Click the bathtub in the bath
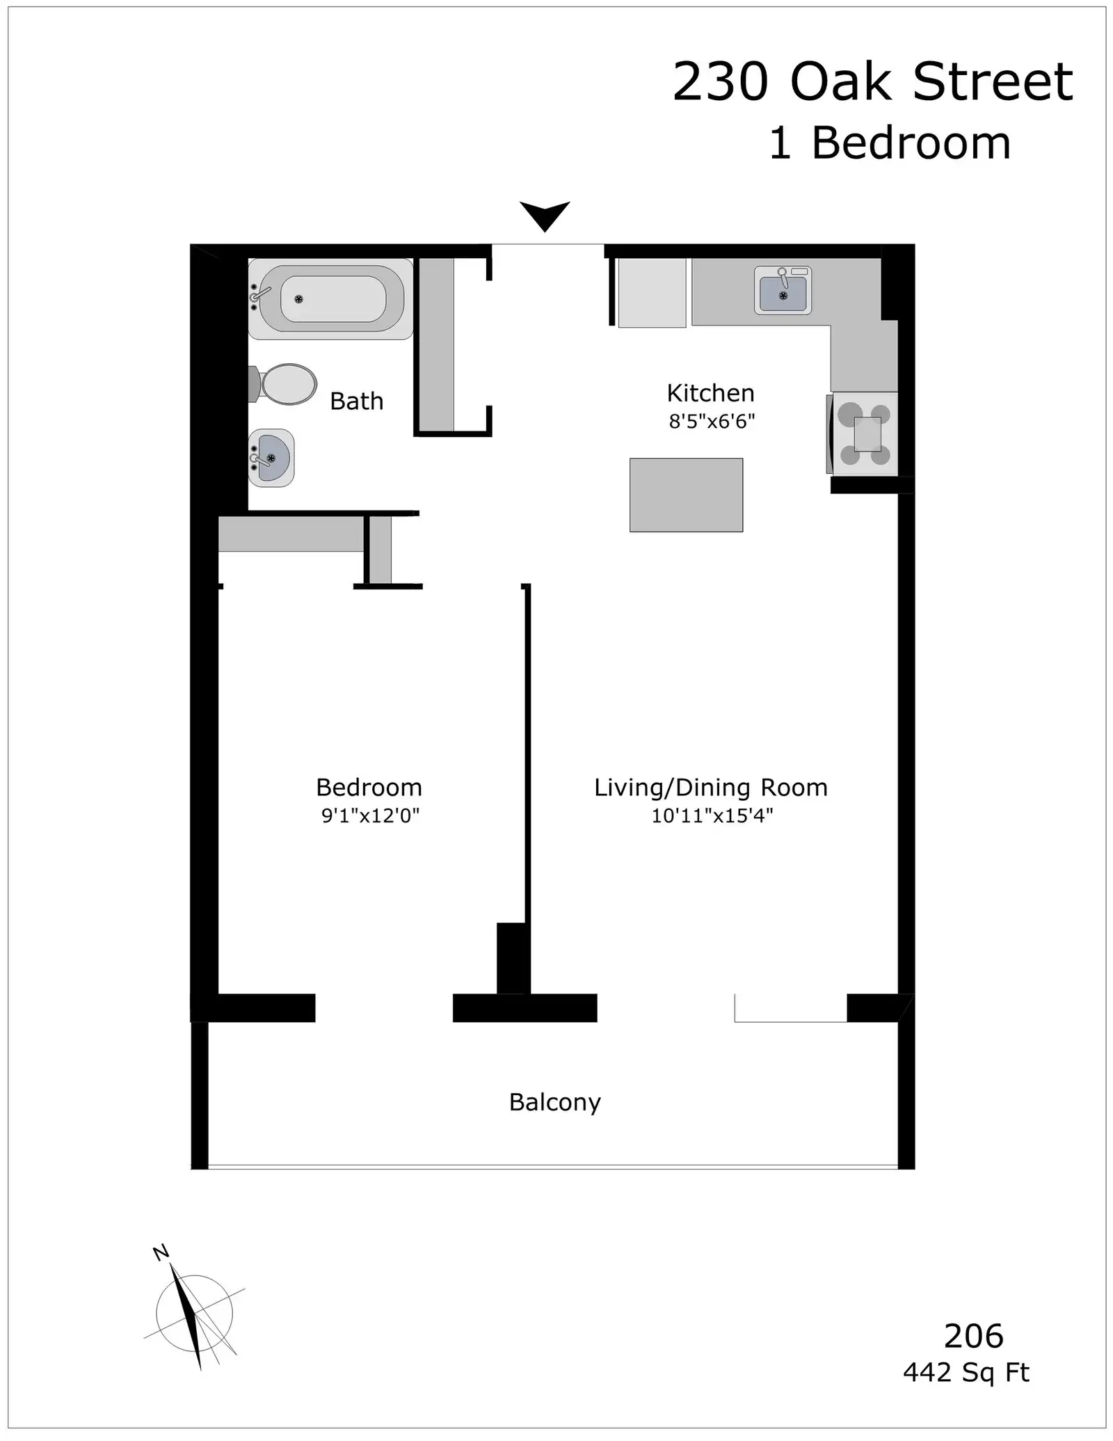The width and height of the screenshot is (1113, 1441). [x=330, y=299]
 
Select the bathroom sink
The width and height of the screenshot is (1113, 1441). [x=271, y=458]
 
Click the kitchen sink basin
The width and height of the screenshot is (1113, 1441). [x=783, y=290]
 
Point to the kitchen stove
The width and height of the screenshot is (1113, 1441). [x=863, y=433]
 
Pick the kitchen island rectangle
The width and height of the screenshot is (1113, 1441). [x=687, y=495]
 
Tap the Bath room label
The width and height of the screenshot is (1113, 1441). [x=357, y=401]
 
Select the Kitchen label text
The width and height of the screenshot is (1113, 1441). [x=710, y=393]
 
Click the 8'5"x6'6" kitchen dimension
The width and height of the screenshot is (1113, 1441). [x=712, y=422]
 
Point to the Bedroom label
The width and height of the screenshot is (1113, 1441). [x=369, y=788]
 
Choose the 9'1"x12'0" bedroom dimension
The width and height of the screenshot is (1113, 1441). [x=371, y=815]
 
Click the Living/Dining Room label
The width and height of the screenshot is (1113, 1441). [x=711, y=788]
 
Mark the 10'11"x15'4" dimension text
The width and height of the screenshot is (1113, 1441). [x=712, y=815]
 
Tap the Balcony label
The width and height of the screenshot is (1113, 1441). [x=555, y=1103]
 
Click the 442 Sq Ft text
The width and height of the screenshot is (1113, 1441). [x=966, y=1373]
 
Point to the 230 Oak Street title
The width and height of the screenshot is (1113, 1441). [x=872, y=82]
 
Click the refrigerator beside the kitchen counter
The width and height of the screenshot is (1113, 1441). [x=652, y=292]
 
